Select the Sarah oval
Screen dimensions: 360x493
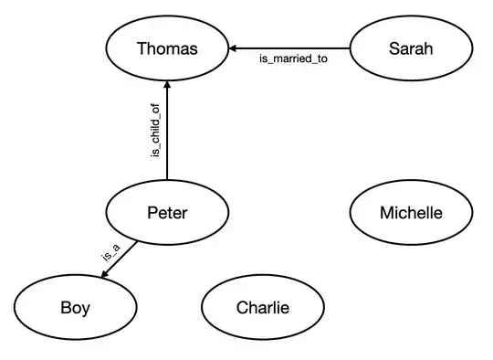pos(412,48)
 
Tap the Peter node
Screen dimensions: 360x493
pos(167,213)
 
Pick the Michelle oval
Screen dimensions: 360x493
pos(411,213)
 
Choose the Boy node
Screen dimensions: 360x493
pos(76,307)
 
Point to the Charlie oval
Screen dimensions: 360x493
pos(262,307)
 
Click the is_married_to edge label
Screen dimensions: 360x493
pos(293,58)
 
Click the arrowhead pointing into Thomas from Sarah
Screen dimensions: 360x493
pos(233,48)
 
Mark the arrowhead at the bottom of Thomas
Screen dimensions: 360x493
pos(167,84)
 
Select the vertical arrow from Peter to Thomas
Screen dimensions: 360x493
pos(167,137)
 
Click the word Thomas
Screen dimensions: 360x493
pos(166,48)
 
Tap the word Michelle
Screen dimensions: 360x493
pos(411,213)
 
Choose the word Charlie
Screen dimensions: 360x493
pos(262,307)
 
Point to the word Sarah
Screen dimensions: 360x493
pos(412,48)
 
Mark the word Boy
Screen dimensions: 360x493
pos(76,307)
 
